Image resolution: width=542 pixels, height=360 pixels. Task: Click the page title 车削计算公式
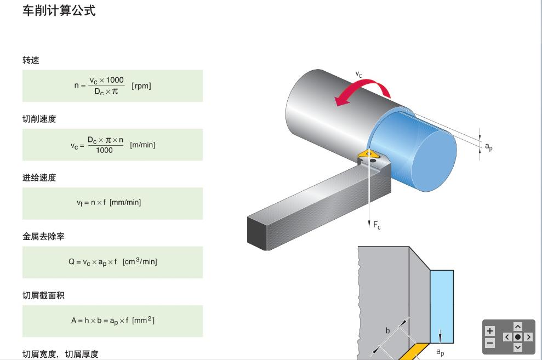(59, 10)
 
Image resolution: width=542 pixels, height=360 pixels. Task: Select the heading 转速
(31, 60)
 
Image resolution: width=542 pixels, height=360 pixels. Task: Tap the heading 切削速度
(39, 119)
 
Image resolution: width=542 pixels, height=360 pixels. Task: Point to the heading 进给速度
(39, 178)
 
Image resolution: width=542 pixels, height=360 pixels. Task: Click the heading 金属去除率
(43, 236)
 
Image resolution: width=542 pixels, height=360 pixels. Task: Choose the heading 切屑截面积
(43, 295)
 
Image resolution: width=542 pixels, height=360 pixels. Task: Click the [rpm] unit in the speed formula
(141, 86)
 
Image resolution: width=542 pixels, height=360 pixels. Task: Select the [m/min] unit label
(142, 145)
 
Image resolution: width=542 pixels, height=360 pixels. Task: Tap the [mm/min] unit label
(125, 202)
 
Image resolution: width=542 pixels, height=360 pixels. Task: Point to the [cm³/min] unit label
(140, 261)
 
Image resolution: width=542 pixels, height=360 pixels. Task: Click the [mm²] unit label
(143, 320)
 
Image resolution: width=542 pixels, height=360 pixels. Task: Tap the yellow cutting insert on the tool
(368, 156)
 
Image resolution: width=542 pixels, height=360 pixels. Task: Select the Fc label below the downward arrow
(376, 226)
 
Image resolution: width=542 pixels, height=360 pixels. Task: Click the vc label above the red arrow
(358, 74)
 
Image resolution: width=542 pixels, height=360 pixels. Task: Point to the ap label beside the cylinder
(488, 146)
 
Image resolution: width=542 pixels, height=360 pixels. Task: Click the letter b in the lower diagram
(387, 330)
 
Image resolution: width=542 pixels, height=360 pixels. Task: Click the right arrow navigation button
(529, 337)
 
